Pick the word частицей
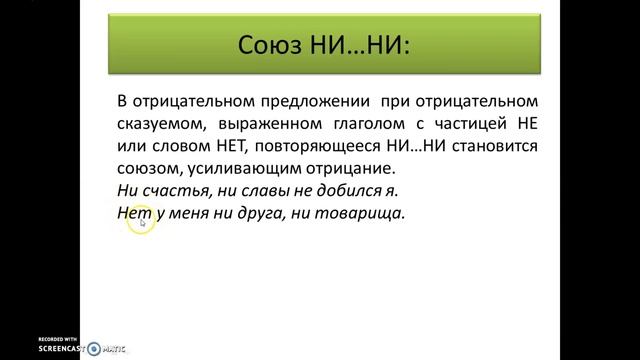click(469, 124)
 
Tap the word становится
click(499, 146)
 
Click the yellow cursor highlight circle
click(141, 222)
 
